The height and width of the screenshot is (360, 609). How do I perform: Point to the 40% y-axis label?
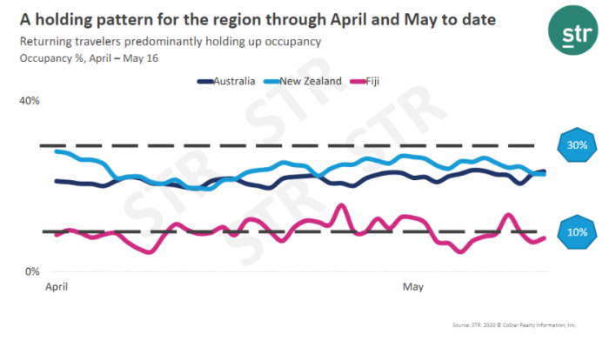pyautogui.click(x=30, y=101)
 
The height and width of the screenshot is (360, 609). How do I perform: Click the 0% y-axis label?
pyautogui.click(x=33, y=272)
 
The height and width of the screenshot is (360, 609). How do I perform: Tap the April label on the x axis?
pyautogui.click(x=56, y=285)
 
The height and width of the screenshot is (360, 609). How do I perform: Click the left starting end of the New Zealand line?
pyautogui.click(x=57, y=151)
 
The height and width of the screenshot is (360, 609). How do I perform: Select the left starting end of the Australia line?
pyautogui.click(x=57, y=181)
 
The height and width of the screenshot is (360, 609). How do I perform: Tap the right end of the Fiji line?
pyautogui.click(x=545, y=237)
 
